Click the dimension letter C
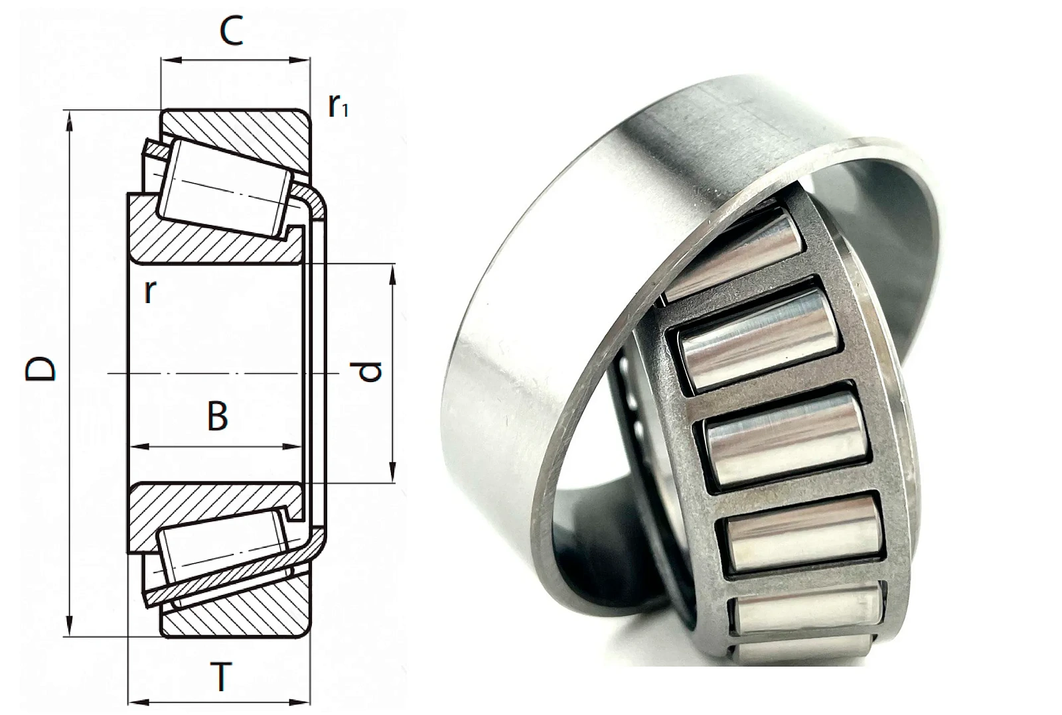point(232,31)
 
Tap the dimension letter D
point(40,369)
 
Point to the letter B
point(218,416)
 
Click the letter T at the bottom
point(221,678)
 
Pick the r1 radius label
point(339,106)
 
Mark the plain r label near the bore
point(149,292)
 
